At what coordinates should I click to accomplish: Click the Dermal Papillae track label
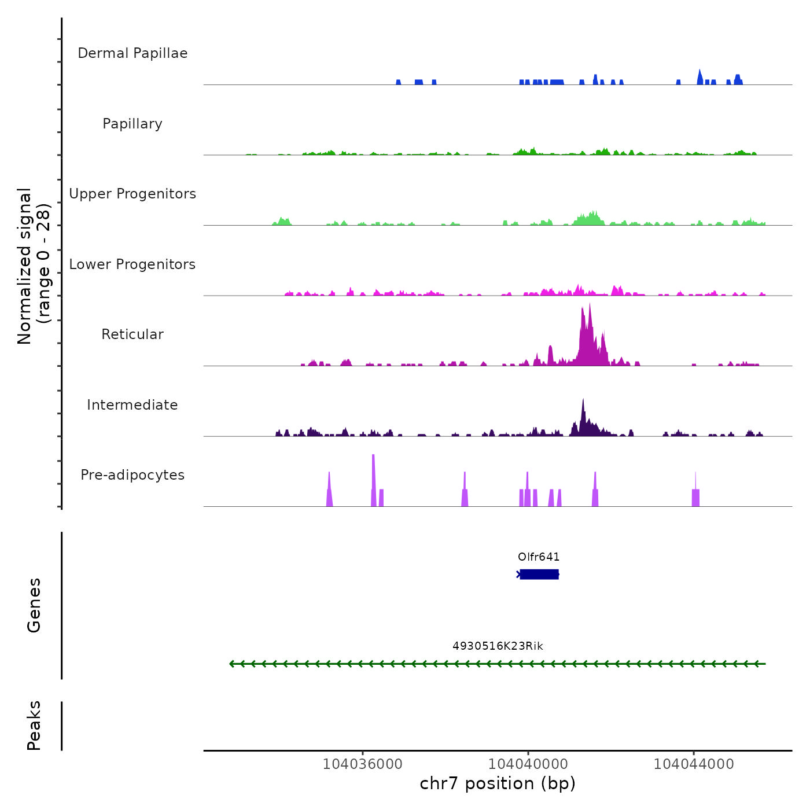tap(132, 53)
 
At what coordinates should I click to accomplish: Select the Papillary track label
tap(132, 124)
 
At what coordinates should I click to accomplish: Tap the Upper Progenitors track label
tap(132, 194)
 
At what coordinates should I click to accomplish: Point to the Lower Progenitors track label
tap(132, 264)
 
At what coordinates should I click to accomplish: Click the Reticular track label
tap(132, 334)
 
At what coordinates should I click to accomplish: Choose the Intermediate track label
tap(132, 405)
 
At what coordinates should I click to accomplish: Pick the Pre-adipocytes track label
tap(132, 475)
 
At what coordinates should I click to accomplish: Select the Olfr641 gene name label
tap(539, 557)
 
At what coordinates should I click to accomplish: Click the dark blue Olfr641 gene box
tap(539, 574)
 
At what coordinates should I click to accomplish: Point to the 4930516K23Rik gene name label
tap(498, 646)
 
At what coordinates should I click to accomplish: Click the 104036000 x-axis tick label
tap(362, 764)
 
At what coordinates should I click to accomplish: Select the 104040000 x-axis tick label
tap(528, 764)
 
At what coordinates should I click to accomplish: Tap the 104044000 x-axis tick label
tap(694, 764)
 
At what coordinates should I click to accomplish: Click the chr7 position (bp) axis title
tap(498, 783)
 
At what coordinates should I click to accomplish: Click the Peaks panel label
tap(34, 726)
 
